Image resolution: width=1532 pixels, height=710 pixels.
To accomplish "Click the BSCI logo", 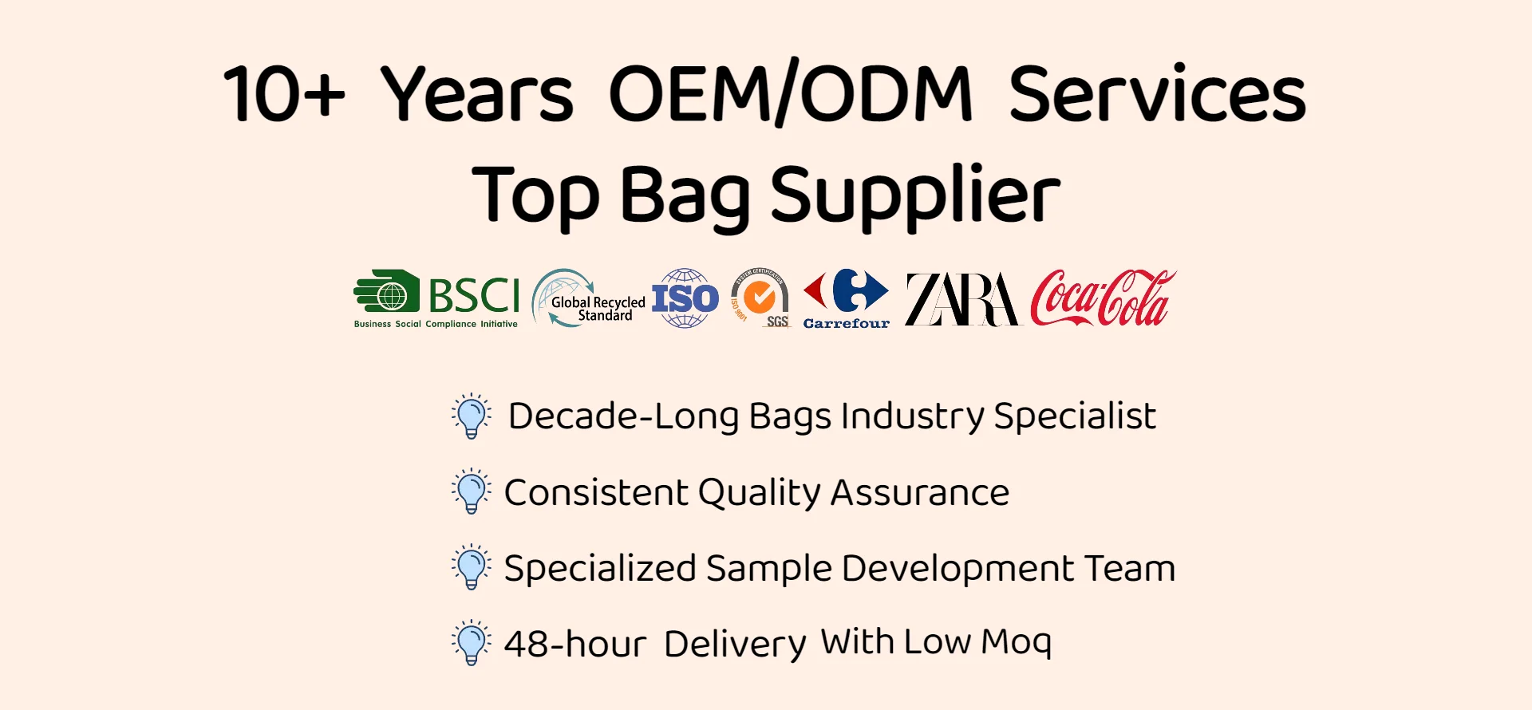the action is (436, 299).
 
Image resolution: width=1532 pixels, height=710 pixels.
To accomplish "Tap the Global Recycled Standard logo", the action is (588, 298).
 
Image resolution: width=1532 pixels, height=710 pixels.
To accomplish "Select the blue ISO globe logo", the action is (685, 298).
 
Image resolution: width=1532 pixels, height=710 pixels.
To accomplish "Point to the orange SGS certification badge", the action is (760, 298).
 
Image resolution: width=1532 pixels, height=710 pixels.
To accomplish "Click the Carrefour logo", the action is (846, 299).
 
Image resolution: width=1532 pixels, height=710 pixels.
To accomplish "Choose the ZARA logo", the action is (963, 299).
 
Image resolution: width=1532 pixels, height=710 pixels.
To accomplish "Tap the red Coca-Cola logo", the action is (1103, 298).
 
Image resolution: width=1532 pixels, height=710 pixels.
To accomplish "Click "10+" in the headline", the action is (284, 94).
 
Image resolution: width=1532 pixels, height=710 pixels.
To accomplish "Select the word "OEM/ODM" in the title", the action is (791, 94).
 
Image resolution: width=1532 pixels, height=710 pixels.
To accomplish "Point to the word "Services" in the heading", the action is (1158, 93).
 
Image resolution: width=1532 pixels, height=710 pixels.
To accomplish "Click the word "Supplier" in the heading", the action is (915, 195).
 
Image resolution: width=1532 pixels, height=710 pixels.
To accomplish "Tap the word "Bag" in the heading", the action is (685, 196).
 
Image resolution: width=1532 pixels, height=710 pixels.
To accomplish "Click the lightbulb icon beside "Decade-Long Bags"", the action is (472, 416).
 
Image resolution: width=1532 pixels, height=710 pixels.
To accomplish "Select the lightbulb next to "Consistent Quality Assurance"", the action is (472, 491).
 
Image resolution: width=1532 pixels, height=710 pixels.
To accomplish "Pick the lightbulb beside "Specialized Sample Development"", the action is (472, 567).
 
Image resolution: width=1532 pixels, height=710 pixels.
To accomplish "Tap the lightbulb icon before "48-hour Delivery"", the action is (472, 643).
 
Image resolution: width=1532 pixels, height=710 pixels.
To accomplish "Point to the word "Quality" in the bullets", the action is (759, 493).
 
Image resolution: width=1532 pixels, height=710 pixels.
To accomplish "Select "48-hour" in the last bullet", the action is (575, 643).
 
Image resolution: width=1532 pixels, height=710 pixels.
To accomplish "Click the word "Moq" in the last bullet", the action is (1016, 642).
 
